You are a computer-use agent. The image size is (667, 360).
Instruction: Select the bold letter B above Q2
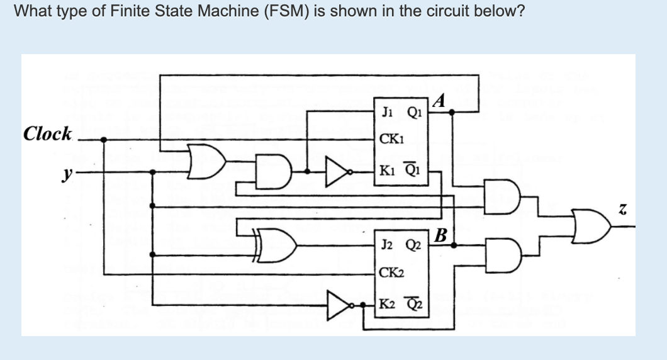tap(441, 237)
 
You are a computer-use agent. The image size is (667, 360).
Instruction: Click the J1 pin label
tap(387, 113)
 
